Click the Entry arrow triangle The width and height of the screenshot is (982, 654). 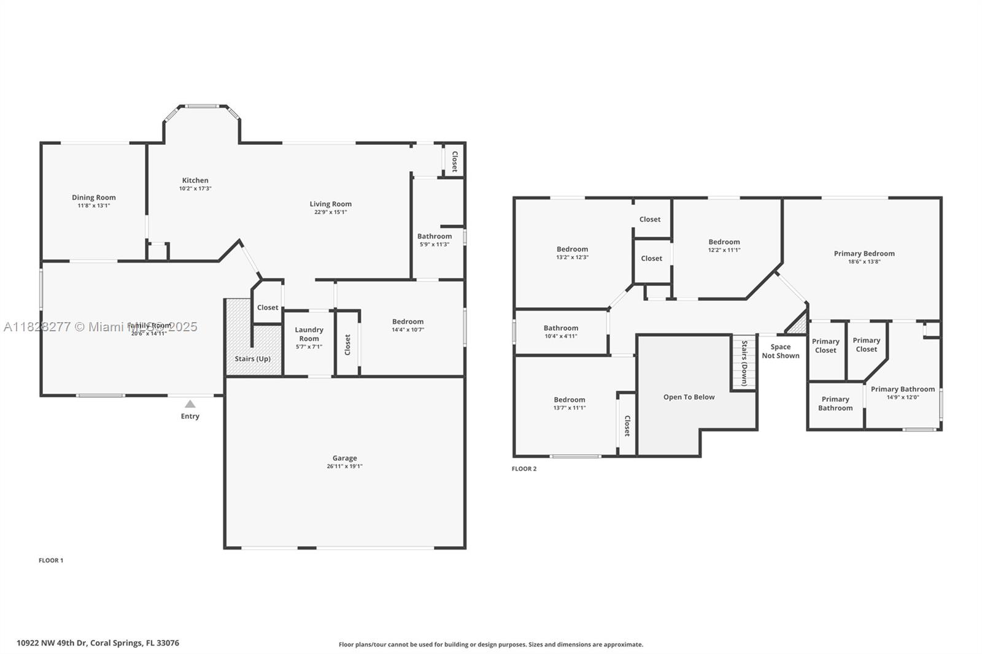(190, 404)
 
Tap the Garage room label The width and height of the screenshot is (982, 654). (344, 458)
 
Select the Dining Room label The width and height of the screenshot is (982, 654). (94, 198)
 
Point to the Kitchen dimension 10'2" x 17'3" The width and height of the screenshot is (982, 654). (195, 188)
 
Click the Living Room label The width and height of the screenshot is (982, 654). (330, 204)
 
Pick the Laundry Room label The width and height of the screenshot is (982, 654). (309, 334)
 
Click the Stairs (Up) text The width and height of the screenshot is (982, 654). (252, 359)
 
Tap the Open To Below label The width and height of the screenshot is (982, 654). (689, 397)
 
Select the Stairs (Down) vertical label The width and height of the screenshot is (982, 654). (744, 363)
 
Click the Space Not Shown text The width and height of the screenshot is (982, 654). (781, 351)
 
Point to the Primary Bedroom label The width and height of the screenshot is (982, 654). (864, 253)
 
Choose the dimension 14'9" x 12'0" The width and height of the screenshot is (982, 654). (902, 397)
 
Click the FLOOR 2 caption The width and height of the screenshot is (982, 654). (524, 469)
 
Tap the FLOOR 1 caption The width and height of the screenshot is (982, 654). (51, 560)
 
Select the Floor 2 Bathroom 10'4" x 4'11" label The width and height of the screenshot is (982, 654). (560, 328)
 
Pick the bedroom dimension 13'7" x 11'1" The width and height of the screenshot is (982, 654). (569, 407)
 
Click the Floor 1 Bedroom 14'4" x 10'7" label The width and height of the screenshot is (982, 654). (408, 321)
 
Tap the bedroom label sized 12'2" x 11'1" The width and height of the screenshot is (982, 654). (724, 242)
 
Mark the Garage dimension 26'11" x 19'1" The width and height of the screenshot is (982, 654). (344, 466)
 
